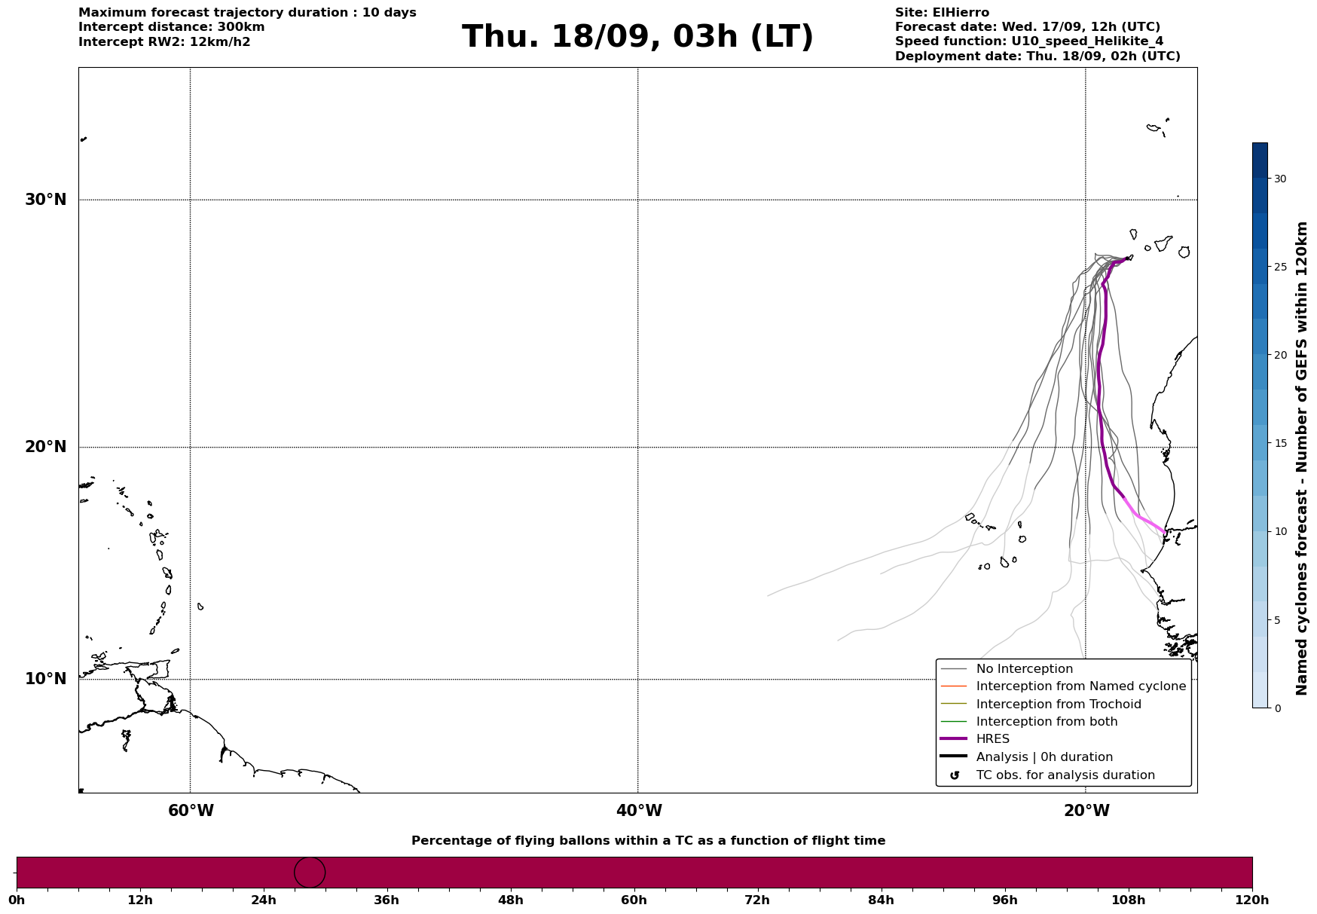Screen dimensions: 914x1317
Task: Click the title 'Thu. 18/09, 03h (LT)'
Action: tap(637, 37)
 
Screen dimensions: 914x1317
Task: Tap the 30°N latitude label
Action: tap(46, 200)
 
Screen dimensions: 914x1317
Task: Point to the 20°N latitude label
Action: tap(46, 447)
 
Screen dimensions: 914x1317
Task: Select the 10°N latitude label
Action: tap(46, 679)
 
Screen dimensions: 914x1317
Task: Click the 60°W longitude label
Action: tap(191, 811)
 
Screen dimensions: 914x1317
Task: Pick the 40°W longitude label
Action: tap(639, 811)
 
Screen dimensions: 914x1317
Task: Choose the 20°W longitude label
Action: tap(1086, 811)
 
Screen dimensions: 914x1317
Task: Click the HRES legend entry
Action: tap(992, 739)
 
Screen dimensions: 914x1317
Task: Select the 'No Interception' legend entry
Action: tap(1024, 669)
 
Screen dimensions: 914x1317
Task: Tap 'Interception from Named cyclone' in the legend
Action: tap(1080, 686)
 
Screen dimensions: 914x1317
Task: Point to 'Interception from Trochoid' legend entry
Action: tap(1058, 705)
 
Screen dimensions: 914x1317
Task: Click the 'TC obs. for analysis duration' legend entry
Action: tap(1065, 775)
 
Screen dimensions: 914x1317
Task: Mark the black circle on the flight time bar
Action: tap(310, 873)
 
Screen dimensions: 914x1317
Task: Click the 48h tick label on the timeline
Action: tap(510, 900)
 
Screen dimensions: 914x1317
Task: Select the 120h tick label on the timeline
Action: tap(1252, 900)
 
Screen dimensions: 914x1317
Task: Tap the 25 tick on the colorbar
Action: tap(1280, 267)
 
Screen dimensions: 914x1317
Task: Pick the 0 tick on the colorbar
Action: tap(1277, 708)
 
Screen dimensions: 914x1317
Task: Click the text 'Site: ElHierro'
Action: tap(942, 13)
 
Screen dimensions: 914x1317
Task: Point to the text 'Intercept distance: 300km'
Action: tap(171, 27)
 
